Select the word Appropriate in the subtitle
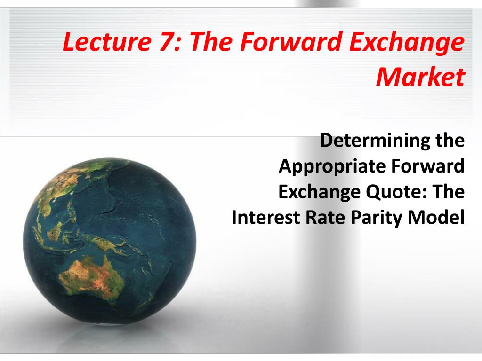tap(332, 166)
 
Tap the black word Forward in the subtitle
tap(427, 166)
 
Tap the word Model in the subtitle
tap(436, 217)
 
